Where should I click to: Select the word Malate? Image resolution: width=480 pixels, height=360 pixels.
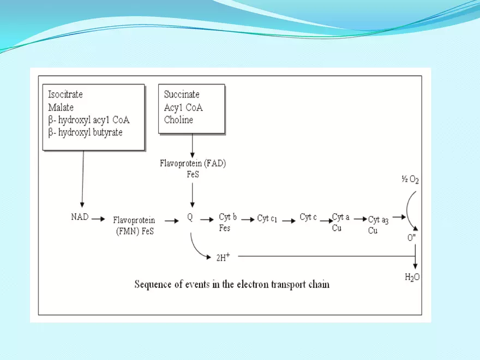[61, 107]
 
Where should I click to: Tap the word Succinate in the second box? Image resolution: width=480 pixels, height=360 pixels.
[182, 95]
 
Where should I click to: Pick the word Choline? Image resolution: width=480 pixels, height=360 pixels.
[178, 120]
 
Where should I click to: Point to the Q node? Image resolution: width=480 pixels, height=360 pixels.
[190, 217]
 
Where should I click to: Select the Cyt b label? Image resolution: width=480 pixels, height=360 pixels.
[227, 217]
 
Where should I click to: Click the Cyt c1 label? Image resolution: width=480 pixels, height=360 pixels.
[267, 218]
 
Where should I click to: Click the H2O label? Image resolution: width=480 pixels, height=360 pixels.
[412, 278]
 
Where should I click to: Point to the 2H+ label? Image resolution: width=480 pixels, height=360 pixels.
[223, 257]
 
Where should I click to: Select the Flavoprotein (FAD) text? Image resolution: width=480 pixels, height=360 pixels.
[191, 163]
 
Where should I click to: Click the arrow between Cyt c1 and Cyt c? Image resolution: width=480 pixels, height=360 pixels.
[289, 218]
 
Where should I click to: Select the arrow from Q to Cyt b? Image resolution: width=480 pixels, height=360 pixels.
[207, 219]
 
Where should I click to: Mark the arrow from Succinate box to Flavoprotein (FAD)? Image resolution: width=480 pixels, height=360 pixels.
[192, 145]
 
